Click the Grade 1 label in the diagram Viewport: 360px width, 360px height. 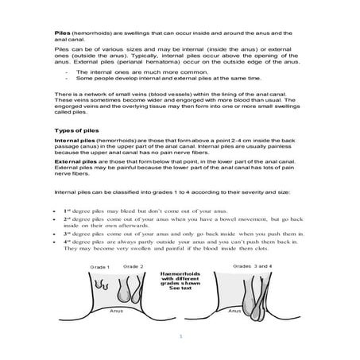pos(100,267)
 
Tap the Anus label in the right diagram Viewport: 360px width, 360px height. pos(235,312)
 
